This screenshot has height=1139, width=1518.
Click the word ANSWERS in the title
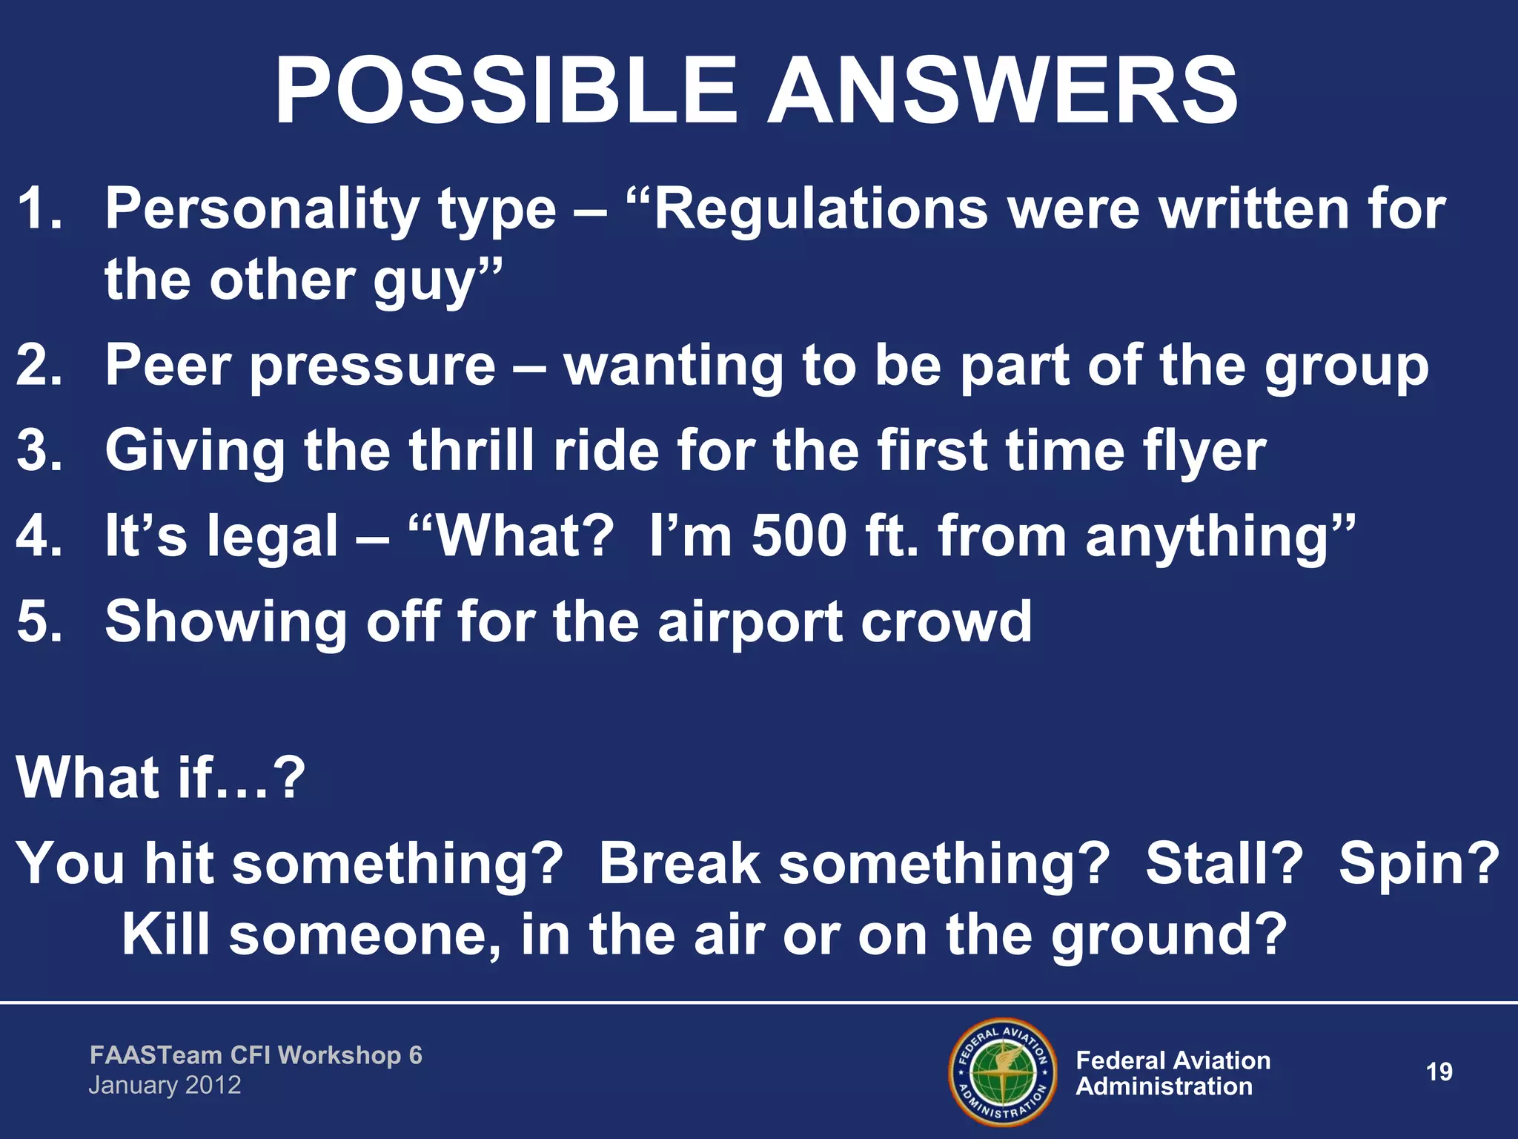(x=1002, y=93)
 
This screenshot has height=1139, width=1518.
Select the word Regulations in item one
(x=821, y=209)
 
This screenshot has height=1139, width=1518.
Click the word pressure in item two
(x=373, y=366)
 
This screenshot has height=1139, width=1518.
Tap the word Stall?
(x=1224, y=863)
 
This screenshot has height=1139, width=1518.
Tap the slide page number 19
(x=1439, y=1072)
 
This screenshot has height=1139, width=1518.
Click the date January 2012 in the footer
(x=165, y=1086)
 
